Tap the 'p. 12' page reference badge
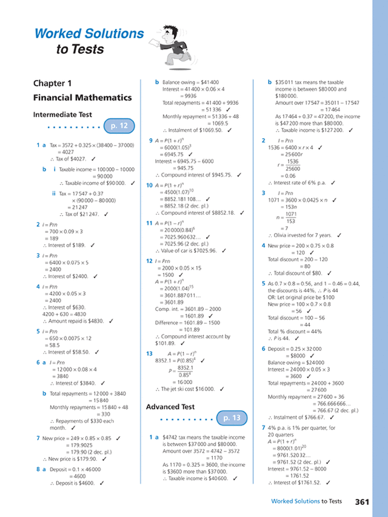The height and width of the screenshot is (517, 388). point(119,126)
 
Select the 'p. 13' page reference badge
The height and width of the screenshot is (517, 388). point(232,418)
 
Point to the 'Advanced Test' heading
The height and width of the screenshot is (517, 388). point(170,407)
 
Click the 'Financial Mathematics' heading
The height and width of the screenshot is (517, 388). point(82,97)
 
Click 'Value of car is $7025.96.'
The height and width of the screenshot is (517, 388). point(191,250)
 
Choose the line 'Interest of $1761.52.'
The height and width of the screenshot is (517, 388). point(298,482)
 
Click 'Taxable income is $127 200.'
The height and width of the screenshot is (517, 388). point(311,130)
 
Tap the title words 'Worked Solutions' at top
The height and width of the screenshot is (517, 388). point(89,34)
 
